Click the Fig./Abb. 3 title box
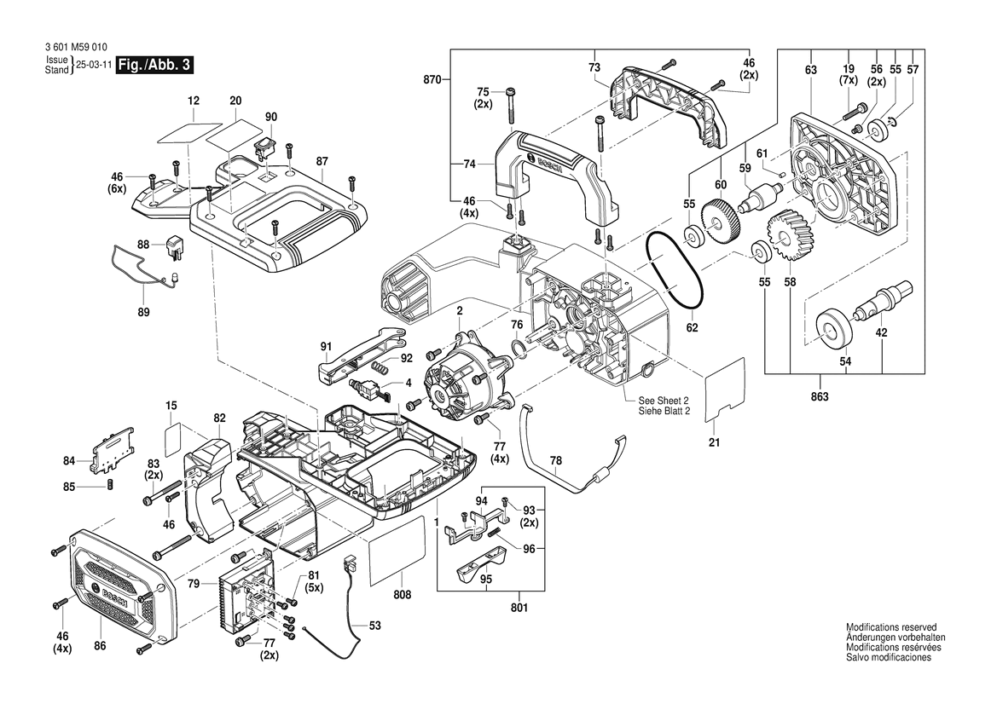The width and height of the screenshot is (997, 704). click(152, 66)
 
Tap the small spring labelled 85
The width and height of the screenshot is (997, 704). click(110, 486)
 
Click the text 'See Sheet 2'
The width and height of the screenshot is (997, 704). click(658, 401)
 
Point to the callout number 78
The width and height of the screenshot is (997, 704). click(555, 461)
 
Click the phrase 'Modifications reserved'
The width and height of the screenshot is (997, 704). click(891, 626)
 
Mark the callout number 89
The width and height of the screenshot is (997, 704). click(144, 313)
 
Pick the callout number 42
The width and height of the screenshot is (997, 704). click(881, 333)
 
